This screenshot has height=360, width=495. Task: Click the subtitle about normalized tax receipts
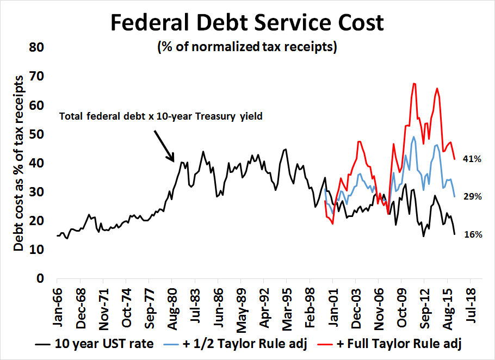pyautogui.click(x=247, y=47)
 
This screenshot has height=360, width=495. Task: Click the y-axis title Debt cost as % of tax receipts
pyautogui.click(x=19, y=163)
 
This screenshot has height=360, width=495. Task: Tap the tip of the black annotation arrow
pyautogui.click(x=174, y=162)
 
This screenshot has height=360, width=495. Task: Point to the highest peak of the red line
pyautogui.click(x=414, y=83)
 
